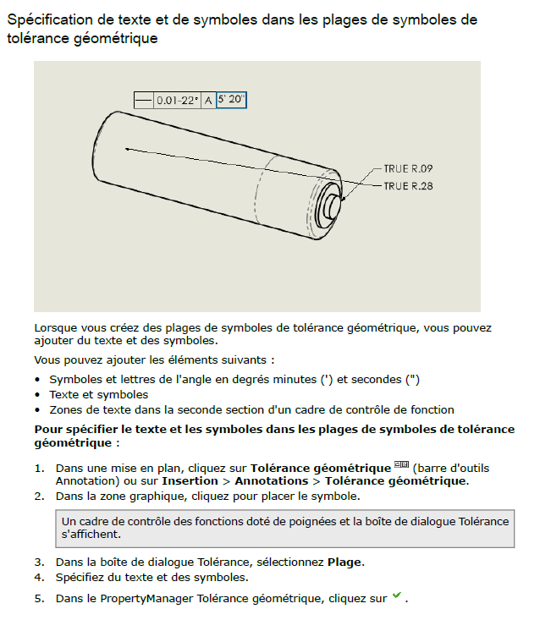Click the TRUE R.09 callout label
tap(408, 168)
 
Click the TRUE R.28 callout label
tap(408, 186)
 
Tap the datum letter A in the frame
tap(208, 100)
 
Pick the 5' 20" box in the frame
tap(231, 100)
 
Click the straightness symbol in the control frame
tap(143, 100)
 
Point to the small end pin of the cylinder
tap(333, 204)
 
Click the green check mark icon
tap(396, 597)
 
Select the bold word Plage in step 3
tap(346, 562)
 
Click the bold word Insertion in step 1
tap(190, 480)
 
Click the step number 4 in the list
tap(38, 578)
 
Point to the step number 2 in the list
tap(38, 496)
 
